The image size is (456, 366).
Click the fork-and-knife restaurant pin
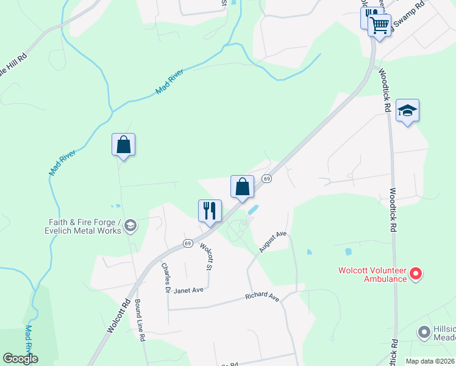pos(209,211)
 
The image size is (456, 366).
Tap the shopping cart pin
pos(379,26)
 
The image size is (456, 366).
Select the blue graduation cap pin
pos(407,110)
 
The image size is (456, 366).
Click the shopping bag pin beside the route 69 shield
pos(242,186)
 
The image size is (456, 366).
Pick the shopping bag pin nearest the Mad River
pos(123,145)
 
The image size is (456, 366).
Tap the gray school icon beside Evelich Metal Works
pos(130,227)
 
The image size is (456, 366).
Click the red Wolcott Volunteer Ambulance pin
pos(416,274)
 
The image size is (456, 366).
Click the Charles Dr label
pos(165,278)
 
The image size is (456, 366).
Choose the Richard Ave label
pos(262,297)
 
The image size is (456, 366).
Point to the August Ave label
pos(272,242)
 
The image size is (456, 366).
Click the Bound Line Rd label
pos(140,320)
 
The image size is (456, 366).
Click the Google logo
pos(20,358)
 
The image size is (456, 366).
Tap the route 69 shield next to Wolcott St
pos(188,243)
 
